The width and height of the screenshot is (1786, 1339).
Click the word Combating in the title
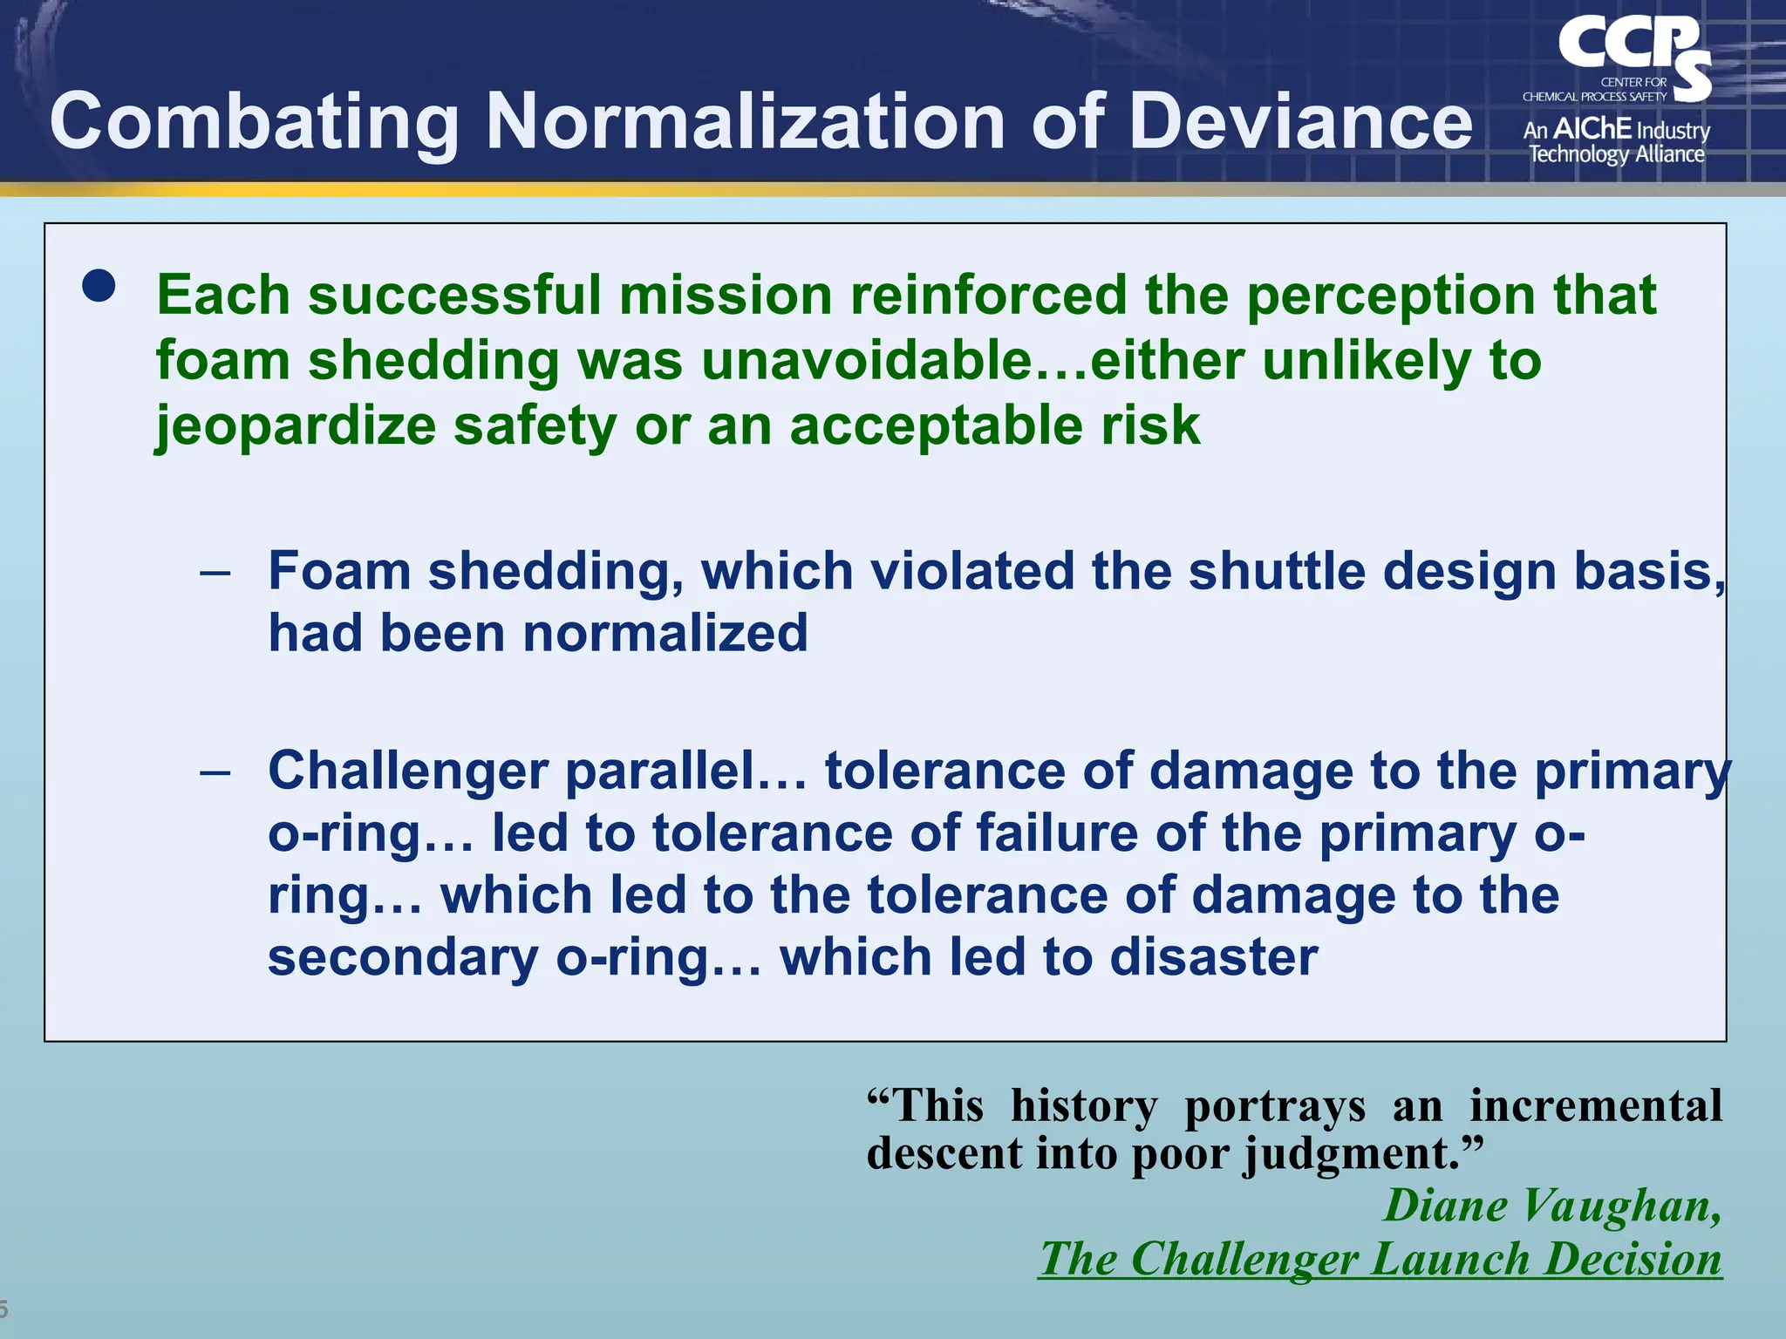point(254,123)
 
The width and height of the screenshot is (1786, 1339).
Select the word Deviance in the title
point(1300,121)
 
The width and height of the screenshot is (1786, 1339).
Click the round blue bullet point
point(99,286)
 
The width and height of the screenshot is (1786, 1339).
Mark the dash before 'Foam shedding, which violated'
point(215,573)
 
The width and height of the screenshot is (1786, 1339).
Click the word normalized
point(665,633)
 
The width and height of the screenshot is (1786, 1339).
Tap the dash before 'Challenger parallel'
point(215,772)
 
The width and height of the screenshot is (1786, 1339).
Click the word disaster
point(1213,957)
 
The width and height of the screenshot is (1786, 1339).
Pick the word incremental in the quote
point(1595,1105)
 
